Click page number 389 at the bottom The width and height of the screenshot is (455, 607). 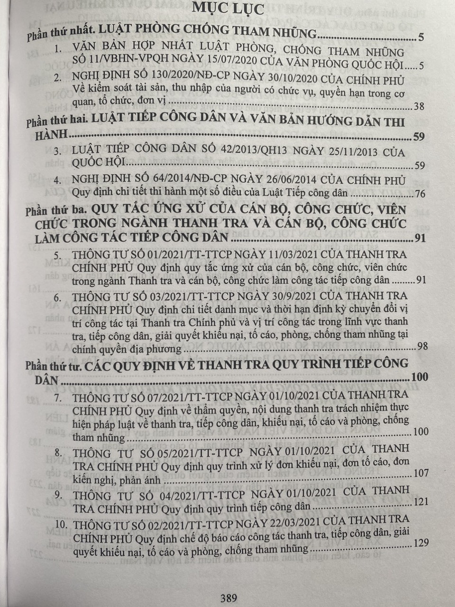point(228,598)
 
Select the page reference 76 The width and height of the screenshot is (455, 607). point(419,193)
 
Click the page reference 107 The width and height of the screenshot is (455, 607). point(420,473)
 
